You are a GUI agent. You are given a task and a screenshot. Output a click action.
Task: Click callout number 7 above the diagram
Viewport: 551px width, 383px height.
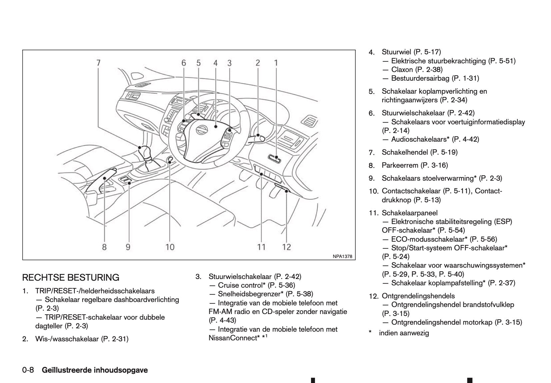[x=98, y=63]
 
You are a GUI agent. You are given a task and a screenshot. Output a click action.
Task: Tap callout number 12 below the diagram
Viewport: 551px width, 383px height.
[x=286, y=247]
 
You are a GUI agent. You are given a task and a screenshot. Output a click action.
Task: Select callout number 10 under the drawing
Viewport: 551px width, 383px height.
[x=170, y=247]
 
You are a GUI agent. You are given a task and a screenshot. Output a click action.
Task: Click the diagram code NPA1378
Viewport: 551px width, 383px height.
[x=342, y=256]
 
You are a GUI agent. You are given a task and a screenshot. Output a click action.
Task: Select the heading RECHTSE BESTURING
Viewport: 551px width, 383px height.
[x=71, y=277]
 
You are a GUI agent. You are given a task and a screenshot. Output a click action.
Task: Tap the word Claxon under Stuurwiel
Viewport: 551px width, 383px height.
[x=402, y=70]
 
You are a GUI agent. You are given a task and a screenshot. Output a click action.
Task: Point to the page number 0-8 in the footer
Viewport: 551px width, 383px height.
[x=28, y=370]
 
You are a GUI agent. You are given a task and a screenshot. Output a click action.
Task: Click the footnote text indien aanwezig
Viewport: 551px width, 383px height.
[x=404, y=333]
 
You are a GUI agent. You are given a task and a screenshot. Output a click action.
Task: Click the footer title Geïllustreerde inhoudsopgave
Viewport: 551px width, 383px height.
[x=95, y=370]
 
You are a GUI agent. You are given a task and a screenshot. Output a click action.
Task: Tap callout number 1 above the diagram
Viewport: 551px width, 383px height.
[x=276, y=63]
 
